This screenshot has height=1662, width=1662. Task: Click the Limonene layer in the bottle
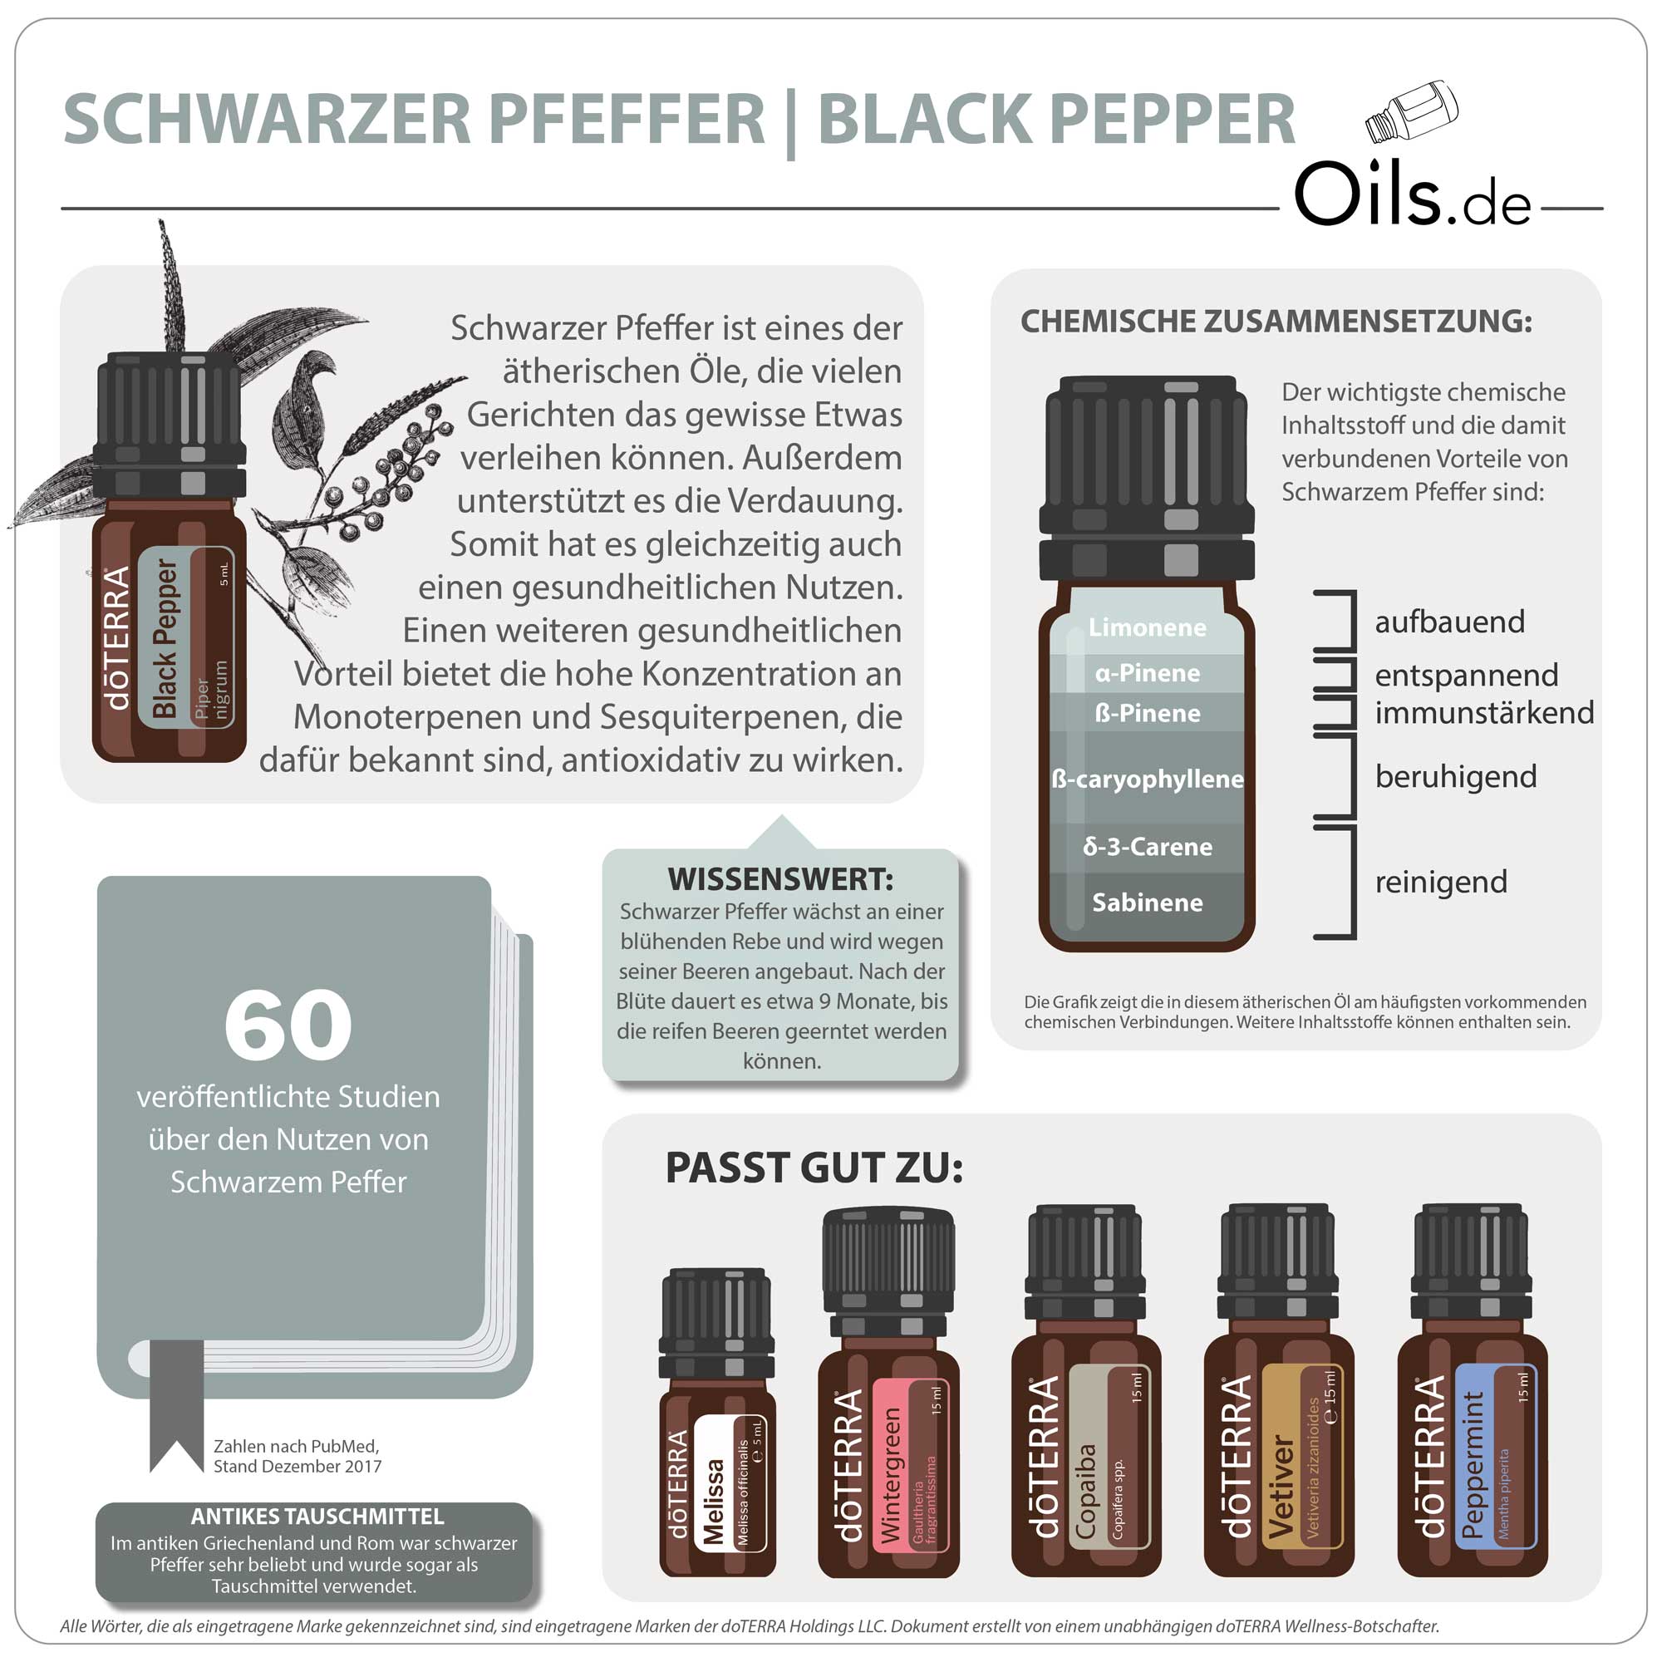pos(1147,627)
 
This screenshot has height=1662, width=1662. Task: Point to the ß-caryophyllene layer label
pos(1147,779)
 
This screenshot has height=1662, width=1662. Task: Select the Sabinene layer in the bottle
pos(1147,902)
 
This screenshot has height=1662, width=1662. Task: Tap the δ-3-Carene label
pos(1147,847)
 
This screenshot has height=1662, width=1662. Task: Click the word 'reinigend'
pos(1441,882)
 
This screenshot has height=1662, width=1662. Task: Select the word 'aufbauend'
pos(1449,621)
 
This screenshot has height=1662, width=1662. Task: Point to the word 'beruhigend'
pos(1456,777)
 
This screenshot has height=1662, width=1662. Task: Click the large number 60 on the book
pos(288,1025)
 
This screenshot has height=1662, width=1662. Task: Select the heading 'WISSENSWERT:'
pos(780,879)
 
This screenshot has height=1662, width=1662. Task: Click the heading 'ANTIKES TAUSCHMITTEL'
pos(317,1516)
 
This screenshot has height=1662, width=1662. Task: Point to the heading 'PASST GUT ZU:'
pos(814,1168)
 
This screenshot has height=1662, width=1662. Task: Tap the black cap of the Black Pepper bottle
pos(170,421)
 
